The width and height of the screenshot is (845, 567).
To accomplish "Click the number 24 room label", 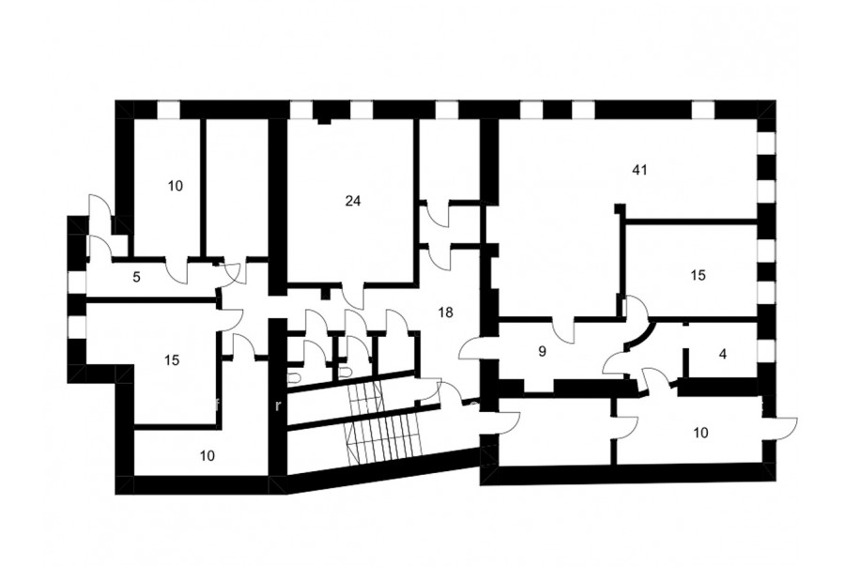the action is [x=353, y=201].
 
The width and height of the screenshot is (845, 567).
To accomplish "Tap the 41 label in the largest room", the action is [x=639, y=170].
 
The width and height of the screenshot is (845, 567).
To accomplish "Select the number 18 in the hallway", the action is [x=446, y=312].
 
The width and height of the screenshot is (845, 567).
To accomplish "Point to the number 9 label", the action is [x=542, y=352].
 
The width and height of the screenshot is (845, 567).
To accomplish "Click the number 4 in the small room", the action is [x=723, y=354].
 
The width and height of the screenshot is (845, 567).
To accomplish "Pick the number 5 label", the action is [x=136, y=278].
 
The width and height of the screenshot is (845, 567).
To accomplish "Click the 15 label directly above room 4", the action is [x=698, y=275].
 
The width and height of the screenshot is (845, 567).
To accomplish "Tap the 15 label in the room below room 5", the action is [x=172, y=360].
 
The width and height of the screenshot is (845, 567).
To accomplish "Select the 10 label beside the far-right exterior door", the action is [x=701, y=433].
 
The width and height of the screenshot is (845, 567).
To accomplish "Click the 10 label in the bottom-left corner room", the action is [x=207, y=456].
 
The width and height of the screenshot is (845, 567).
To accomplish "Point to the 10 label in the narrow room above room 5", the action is [x=176, y=186].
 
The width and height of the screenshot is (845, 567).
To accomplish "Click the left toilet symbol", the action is [x=294, y=378].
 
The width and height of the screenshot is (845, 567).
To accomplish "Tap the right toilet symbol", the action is [x=345, y=372].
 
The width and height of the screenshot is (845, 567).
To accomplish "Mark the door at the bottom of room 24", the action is [x=354, y=294].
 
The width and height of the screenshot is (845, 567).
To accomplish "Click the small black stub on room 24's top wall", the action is [x=324, y=121].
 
